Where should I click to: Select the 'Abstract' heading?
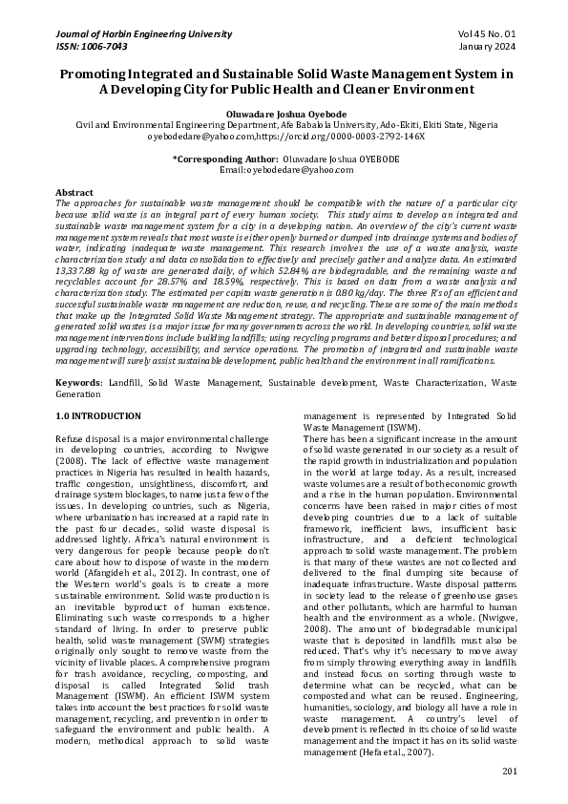point(74,192)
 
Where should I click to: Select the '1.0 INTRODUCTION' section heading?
point(98,416)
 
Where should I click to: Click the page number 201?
point(508,771)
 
